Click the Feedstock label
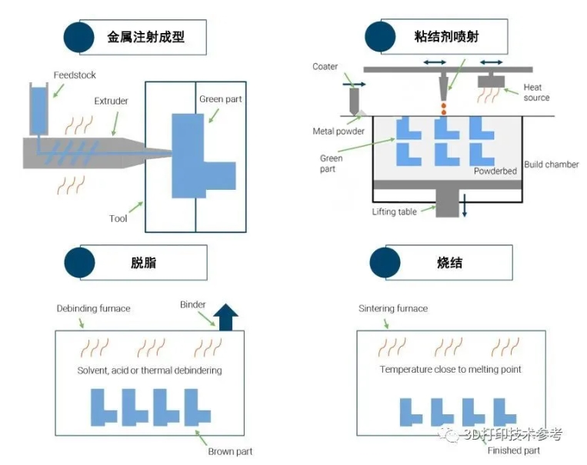click(75, 75)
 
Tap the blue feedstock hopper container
click(38, 108)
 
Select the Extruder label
click(111, 101)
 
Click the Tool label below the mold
click(118, 218)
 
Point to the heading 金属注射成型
click(145, 36)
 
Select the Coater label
click(325, 67)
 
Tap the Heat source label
click(536, 93)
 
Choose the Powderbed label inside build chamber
click(495, 171)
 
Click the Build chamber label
click(551, 164)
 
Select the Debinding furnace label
click(93, 308)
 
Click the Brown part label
click(230, 451)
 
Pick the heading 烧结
click(449, 263)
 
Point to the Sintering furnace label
click(392, 308)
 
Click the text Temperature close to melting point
click(450, 370)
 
